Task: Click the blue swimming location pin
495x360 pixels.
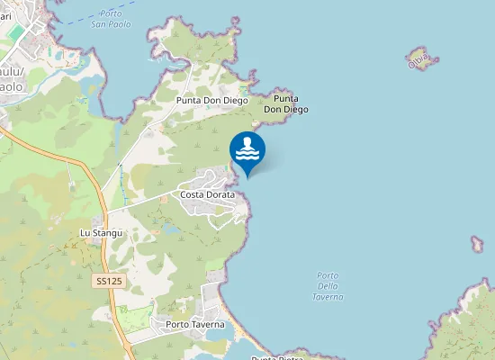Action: pyautogui.click(x=247, y=152)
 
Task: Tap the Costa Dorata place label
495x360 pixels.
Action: pyautogui.click(x=207, y=194)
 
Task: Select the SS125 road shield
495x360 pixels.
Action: pyautogui.click(x=109, y=282)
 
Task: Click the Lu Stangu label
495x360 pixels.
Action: pyautogui.click(x=100, y=233)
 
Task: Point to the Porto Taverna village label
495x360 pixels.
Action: pyautogui.click(x=194, y=324)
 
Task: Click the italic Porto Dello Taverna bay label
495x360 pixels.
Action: pyautogui.click(x=329, y=285)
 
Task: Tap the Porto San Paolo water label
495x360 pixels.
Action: pyautogui.click(x=111, y=19)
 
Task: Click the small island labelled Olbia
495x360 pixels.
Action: pyautogui.click(x=420, y=59)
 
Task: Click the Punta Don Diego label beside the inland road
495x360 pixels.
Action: pyautogui.click(x=211, y=101)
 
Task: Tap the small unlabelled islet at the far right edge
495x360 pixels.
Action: pyautogui.click(x=477, y=244)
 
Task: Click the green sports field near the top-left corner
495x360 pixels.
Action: pyautogui.click(x=15, y=32)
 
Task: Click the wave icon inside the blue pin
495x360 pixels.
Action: pyautogui.click(x=247, y=149)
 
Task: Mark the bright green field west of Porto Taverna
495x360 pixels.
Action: pyautogui.click(x=137, y=318)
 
